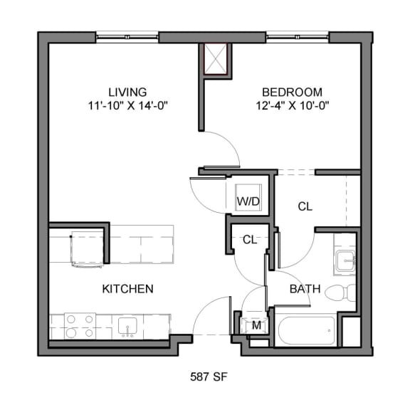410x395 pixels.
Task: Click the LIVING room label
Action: pos(127,92)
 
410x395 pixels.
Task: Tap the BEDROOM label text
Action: pos(292,92)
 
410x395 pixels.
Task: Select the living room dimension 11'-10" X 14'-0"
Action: pos(127,105)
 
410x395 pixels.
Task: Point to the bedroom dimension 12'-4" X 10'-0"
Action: pos(292,105)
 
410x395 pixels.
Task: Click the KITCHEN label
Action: pos(128,289)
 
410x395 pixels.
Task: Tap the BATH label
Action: pos(305,290)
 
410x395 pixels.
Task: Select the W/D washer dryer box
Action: pos(248,202)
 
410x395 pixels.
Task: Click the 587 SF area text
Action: pos(208,374)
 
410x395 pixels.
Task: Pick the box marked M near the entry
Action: pos(255,326)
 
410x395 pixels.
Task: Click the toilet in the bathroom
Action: pos(345,292)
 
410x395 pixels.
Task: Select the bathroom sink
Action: pos(345,260)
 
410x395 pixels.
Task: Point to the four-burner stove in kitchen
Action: pos(80,326)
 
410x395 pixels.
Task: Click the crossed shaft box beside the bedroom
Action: pos(216,58)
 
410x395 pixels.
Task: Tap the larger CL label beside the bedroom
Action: pos(305,206)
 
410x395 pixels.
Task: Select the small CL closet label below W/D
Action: pos(249,240)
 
